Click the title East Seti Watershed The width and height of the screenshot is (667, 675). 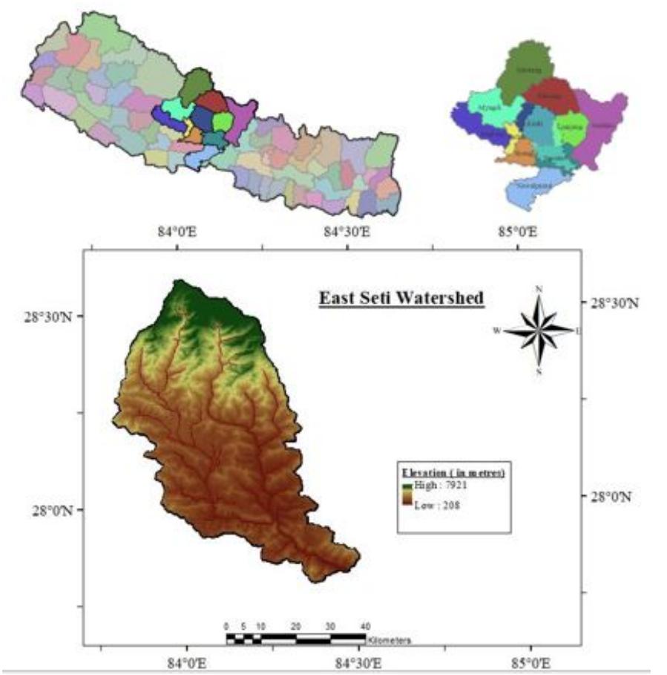(x=401, y=298)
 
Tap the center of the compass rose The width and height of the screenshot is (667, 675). (x=539, y=330)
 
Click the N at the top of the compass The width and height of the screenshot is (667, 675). (x=539, y=290)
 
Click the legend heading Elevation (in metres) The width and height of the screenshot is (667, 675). (x=453, y=472)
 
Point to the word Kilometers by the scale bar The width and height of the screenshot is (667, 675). (x=388, y=639)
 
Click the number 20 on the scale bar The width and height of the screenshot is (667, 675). (x=295, y=625)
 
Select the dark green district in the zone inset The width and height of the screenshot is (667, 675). (x=525, y=71)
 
